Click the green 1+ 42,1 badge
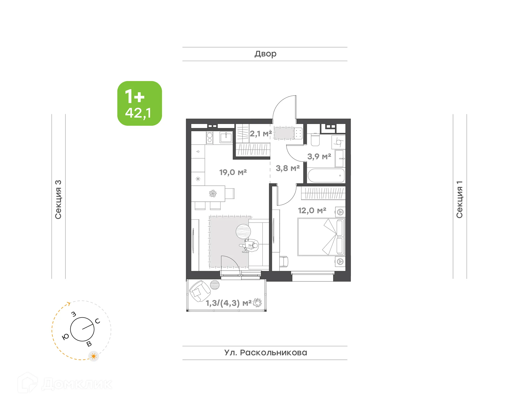[x=139, y=103]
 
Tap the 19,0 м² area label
[x=233, y=172]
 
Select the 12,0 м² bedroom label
[x=312, y=210]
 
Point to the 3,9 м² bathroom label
[x=319, y=156]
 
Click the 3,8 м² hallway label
[x=288, y=168]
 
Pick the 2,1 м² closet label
[x=261, y=133]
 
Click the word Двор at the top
[x=265, y=54]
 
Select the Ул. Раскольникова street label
[x=265, y=353]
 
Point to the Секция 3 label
[x=58, y=199]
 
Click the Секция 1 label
[x=460, y=199]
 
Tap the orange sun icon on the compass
[x=94, y=356]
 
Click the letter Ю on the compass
[x=65, y=337]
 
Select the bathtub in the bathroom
[x=326, y=176]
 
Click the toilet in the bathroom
[x=315, y=139]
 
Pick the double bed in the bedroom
[x=321, y=237]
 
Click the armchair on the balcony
[x=199, y=291]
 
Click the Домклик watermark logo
[x=65, y=384]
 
